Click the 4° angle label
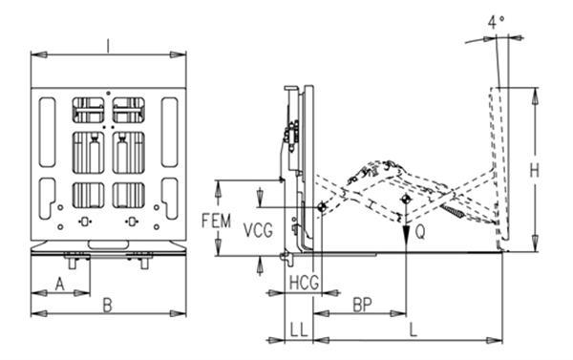[x=496, y=22]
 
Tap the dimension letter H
[x=534, y=171]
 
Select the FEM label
[x=217, y=222]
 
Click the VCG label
[x=258, y=231]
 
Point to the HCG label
[x=304, y=283]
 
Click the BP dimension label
[x=363, y=305]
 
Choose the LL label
[x=299, y=330]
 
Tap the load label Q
[x=420, y=232]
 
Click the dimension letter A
[x=59, y=284]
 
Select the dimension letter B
[x=107, y=306]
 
